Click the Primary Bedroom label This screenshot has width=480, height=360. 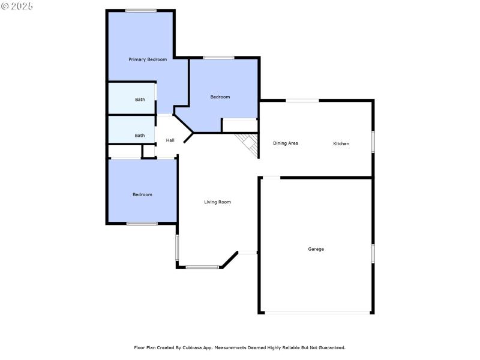pos(148,59)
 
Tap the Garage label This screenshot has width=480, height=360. pos(316,249)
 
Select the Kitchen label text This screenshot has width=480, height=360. pos(341,143)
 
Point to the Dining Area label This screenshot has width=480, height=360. pos(286,143)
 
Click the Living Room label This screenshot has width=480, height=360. pos(217,202)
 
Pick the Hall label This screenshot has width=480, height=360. pos(170,140)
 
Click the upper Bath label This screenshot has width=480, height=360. pos(140,100)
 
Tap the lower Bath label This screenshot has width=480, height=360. pos(140,136)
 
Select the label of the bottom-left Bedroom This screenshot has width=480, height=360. pos(142,194)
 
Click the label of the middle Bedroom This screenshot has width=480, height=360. pos(220,97)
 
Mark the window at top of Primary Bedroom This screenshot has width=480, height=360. pos(141,10)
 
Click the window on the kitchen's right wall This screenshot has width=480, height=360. pos(373,142)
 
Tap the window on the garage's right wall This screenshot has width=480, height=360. pos(373,253)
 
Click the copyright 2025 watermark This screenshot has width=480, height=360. pos(17,5)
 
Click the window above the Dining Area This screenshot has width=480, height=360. pos(302,100)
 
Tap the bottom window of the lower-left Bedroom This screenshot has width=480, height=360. pos(142,224)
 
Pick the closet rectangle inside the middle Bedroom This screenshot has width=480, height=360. pos(239,125)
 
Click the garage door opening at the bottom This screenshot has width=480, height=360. pos(318,313)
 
